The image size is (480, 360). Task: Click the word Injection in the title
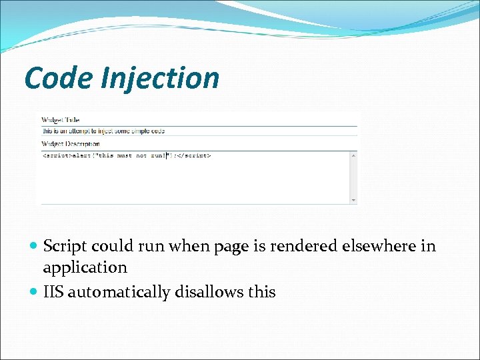160,79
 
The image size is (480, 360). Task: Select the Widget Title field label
60,120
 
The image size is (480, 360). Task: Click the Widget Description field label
71,143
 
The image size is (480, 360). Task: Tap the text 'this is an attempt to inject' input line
103,131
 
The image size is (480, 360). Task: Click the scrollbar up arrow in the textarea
353,156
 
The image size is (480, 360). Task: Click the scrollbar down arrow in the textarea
353,199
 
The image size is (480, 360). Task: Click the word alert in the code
80,155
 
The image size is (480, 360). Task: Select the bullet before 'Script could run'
34,247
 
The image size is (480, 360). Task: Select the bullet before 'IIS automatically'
34,292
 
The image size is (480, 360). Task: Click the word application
85,268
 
